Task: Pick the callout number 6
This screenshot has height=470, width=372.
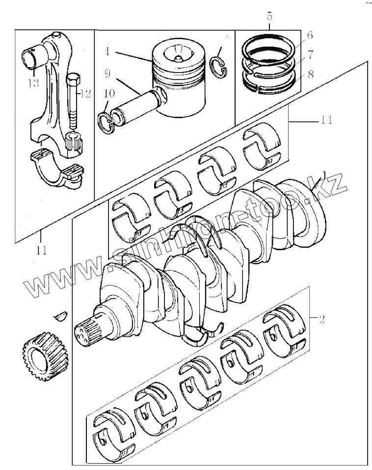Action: pyautogui.click(x=310, y=35)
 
